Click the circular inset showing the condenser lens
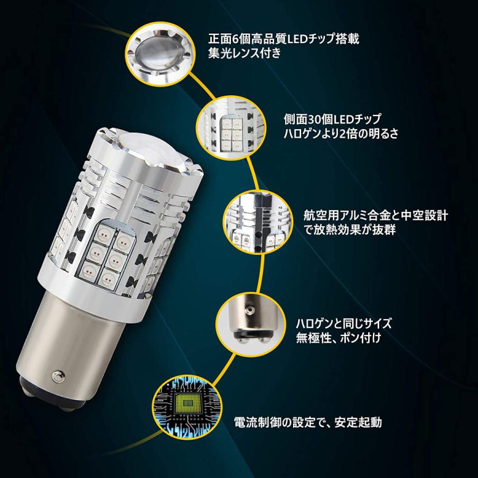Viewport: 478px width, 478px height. pyautogui.click(x=159, y=55)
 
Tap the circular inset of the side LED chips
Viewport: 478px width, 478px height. pyautogui.click(x=232, y=128)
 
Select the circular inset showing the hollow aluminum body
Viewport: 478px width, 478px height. pyautogui.click(x=259, y=222)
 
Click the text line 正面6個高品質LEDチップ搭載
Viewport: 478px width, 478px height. pyautogui.click(x=284, y=39)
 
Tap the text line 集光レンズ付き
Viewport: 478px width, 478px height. pyautogui.click(x=244, y=54)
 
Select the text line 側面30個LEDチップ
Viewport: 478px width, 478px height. pyautogui.click(x=332, y=119)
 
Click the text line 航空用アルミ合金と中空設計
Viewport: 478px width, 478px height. pyautogui.click(x=375, y=216)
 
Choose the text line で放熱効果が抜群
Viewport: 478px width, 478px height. pyautogui.click(x=349, y=229)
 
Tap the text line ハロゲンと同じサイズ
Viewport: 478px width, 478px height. pyautogui.click(x=344, y=323)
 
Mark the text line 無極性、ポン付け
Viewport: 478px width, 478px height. pyautogui.click(x=338, y=338)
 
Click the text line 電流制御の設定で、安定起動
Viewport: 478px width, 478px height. pyautogui.click(x=308, y=422)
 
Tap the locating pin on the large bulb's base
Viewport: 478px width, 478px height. pyautogui.click(x=57, y=375)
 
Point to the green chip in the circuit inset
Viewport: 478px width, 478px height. pyautogui.click(x=187, y=403)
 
